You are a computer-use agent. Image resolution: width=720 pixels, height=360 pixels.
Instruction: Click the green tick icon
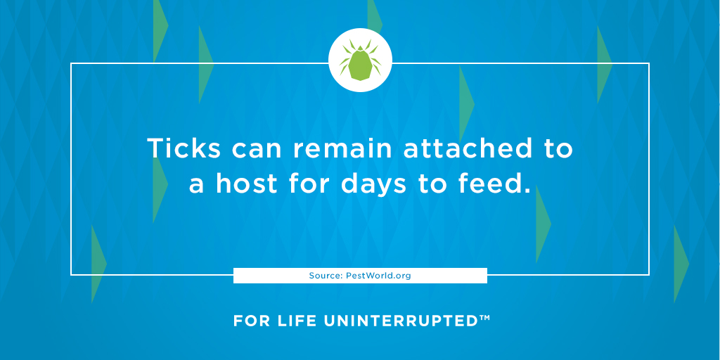(x=360, y=60)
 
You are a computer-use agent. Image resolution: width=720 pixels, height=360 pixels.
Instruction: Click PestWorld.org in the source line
(x=378, y=276)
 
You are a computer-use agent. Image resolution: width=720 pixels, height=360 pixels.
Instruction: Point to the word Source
(x=325, y=276)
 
